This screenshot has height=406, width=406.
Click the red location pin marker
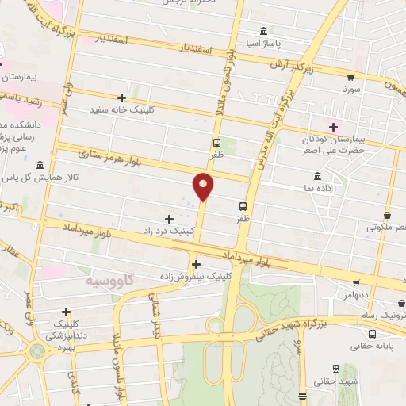[x=203, y=186]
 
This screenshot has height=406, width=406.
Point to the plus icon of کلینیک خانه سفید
[x=121, y=98]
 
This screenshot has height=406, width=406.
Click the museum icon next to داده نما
[x=317, y=175]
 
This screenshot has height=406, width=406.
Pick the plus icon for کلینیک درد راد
[x=168, y=218]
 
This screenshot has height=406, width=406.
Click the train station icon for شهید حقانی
[x=335, y=368]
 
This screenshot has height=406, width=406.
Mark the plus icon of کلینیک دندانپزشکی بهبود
[x=66, y=312]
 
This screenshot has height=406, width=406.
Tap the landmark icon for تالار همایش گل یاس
[x=40, y=165]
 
